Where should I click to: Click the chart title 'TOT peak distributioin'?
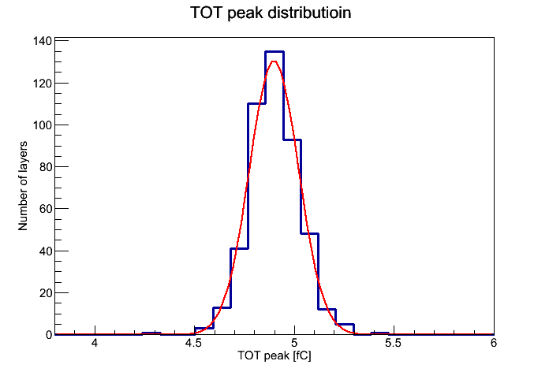271,13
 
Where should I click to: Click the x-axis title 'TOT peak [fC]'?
274,356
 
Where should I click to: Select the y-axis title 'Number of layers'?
23,186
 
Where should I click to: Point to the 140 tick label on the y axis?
43,41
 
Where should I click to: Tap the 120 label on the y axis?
43,84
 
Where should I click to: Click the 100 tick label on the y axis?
43,125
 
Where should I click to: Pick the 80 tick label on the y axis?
46,167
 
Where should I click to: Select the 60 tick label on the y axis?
46,209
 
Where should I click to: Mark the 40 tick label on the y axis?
46,251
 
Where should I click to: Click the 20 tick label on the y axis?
46,293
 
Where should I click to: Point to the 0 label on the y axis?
49,335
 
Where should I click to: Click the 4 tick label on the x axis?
95,343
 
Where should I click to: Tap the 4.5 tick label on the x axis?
193,343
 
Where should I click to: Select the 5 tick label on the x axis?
294,343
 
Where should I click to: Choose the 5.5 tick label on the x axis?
393,343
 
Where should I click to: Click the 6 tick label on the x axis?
494,343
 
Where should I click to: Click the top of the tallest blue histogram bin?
274,52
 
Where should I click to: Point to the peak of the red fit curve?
274,61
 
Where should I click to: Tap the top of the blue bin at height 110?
256,103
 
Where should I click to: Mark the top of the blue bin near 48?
309,234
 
